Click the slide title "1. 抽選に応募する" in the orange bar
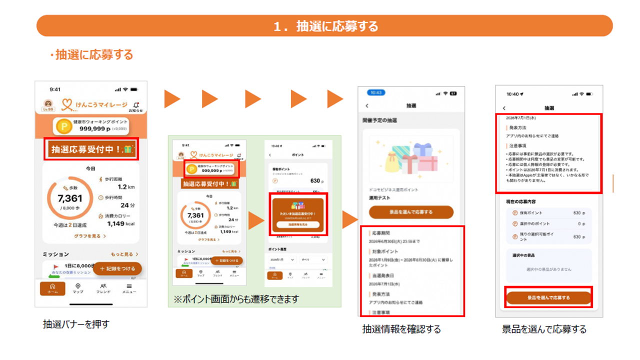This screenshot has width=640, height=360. [x=325, y=26]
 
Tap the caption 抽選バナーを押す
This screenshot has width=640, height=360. [x=76, y=324]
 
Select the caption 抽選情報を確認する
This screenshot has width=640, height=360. [x=401, y=329]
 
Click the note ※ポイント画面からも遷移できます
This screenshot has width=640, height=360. [x=236, y=299]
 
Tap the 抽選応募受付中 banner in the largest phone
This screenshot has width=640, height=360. [x=90, y=149]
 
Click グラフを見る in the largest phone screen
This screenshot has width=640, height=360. [x=90, y=235]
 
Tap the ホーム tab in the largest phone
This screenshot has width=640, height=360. [x=52, y=288]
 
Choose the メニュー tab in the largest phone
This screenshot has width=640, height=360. [x=129, y=288]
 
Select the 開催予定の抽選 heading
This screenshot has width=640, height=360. [x=380, y=120]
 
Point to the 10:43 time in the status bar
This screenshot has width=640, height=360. [x=376, y=93]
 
